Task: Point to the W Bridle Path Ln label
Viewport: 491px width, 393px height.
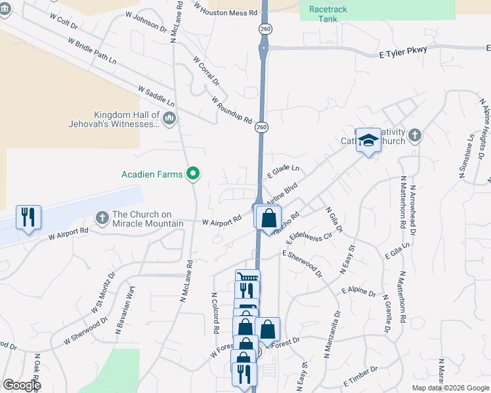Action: coord(92,50)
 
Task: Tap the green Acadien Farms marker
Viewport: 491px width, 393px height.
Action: coord(193,174)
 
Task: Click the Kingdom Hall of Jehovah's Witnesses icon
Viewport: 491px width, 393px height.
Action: coord(169,119)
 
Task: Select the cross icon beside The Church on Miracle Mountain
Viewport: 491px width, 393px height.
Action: coord(101,217)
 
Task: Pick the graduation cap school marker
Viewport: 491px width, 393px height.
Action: coord(369,140)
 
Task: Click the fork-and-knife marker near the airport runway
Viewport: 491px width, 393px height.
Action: coord(28,217)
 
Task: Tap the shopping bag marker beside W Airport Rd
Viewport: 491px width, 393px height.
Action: coord(268,217)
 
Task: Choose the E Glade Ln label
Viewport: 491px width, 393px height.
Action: coord(283,172)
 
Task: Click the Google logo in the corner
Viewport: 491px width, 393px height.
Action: coord(21,385)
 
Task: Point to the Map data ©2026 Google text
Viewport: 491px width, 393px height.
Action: coord(450,388)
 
